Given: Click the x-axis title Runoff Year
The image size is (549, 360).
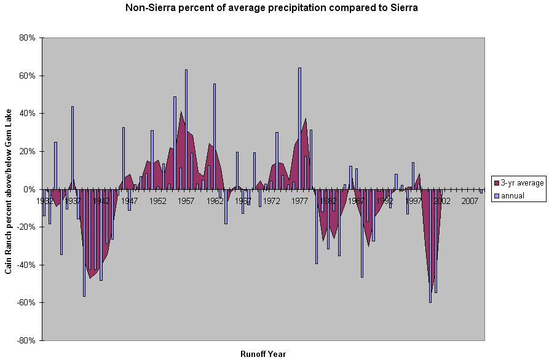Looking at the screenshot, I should [x=263, y=354].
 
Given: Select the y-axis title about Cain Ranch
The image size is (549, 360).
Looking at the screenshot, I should [x=9, y=189].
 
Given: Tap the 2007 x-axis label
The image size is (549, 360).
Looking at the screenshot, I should [x=470, y=201].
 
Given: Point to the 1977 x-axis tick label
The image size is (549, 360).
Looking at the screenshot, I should [x=300, y=201].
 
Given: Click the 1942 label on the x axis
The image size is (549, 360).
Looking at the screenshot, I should [x=101, y=201].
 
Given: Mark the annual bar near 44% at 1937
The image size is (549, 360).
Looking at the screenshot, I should [x=73, y=147].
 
